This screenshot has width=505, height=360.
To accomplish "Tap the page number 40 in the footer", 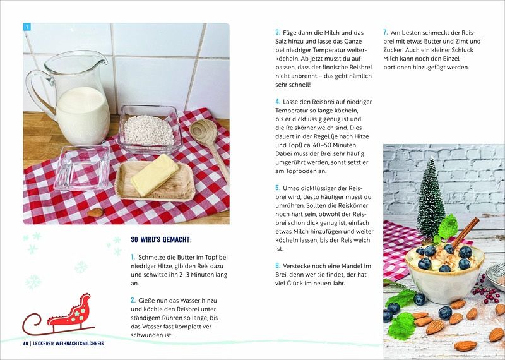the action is [x=26, y=344].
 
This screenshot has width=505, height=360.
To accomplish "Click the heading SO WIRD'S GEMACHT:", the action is [x=162, y=240].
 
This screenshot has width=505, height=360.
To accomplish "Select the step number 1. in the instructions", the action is [x=133, y=257].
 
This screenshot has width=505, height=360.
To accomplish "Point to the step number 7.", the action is [x=386, y=32].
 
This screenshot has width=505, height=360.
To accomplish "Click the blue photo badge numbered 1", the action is [x=27, y=27].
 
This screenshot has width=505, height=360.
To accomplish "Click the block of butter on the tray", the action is [x=154, y=175].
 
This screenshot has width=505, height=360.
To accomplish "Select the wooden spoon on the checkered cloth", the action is [x=209, y=145].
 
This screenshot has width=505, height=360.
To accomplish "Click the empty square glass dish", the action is [x=83, y=167].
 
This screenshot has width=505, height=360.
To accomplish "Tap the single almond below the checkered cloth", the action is [x=95, y=212].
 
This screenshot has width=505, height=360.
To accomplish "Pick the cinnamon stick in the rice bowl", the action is [x=466, y=232].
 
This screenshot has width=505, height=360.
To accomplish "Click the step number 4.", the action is [x=278, y=102].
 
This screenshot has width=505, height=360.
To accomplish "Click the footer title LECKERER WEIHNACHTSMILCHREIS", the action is [x=69, y=344].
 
